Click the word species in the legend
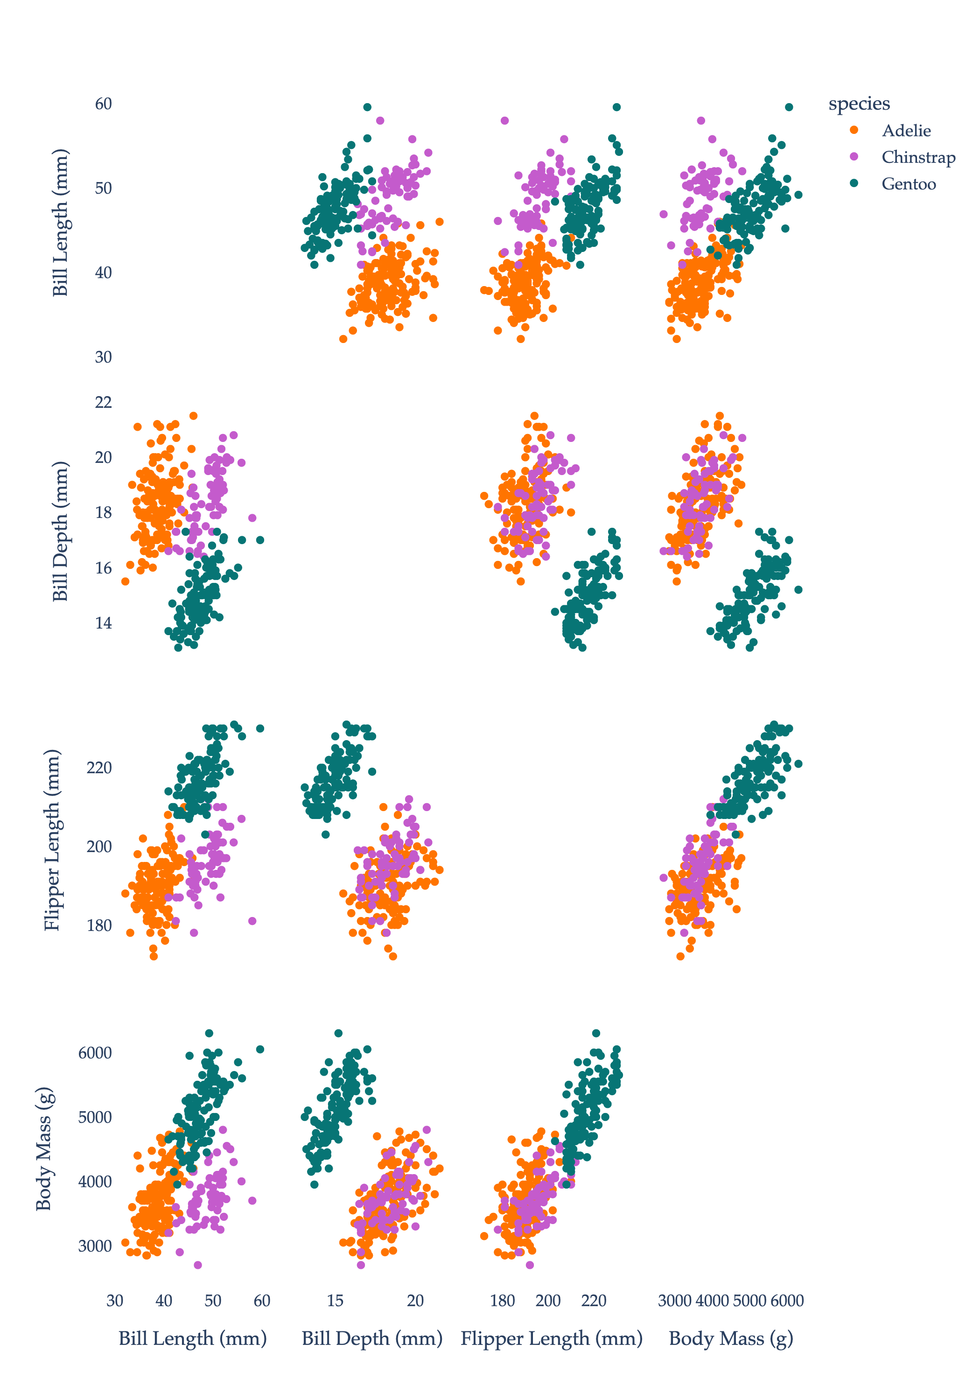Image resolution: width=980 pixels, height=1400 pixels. pos(859,104)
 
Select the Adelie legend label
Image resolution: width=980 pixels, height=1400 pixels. pos(906,131)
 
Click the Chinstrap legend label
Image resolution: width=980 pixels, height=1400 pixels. pos(918,157)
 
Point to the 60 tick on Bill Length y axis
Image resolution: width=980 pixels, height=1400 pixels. pos(103,104)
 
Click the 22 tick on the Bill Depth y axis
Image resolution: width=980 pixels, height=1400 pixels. pos(103,402)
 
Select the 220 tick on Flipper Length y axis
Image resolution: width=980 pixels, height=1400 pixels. pos(99,768)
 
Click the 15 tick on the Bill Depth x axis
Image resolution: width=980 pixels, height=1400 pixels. pos(335,1301)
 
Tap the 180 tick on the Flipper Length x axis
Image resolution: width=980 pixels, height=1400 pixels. pos(503,1301)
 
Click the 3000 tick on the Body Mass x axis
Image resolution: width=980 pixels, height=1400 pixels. pos(674,1301)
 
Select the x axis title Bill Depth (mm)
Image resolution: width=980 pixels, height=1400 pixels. pos(372,1338)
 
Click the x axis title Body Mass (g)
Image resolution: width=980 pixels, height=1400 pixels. pos(731,1338)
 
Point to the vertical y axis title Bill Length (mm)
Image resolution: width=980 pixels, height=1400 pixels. pos(60,223)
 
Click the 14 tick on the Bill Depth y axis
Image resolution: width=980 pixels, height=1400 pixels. pos(103,623)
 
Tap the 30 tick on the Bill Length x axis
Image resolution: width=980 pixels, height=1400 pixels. pos(115,1301)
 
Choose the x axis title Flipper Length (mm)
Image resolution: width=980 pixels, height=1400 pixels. pos(551,1338)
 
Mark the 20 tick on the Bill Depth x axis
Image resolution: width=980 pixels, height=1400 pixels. pos(415,1301)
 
